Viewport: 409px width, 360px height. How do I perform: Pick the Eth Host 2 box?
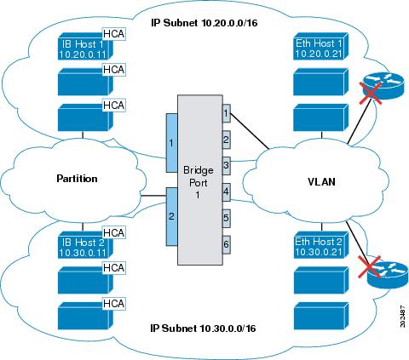pyautogui.click(x=319, y=248)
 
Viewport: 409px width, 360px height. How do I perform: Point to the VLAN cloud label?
pyautogui.click(x=321, y=180)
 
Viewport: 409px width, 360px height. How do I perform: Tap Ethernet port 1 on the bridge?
pyautogui.click(x=225, y=111)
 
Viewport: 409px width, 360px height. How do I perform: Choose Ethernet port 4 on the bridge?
pyautogui.click(x=225, y=192)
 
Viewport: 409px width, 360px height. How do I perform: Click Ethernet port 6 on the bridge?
pyautogui.click(x=225, y=245)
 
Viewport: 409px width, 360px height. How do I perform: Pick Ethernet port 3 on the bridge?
pyautogui.click(x=225, y=165)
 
